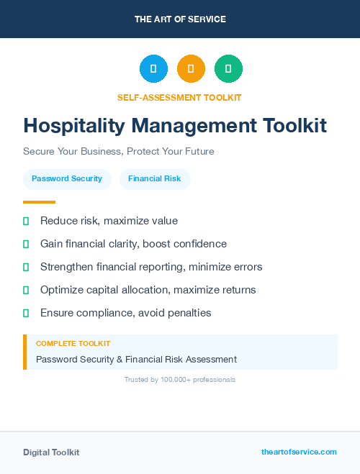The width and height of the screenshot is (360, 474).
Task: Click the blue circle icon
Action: pyautogui.click(x=153, y=69)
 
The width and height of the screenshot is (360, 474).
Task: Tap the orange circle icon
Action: pyautogui.click(x=191, y=69)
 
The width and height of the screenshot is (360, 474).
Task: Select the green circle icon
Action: pyautogui.click(x=228, y=69)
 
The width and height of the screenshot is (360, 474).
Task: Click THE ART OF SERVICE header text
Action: pyautogui.click(x=180, y=19)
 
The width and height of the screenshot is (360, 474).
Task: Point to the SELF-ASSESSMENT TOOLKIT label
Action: pyautogui.click(x=179, y=97)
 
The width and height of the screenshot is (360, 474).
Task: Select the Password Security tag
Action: pyautogui.click(x=67, y=178)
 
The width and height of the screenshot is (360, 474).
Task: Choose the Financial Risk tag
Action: pyautogui.click(x=155, y=178)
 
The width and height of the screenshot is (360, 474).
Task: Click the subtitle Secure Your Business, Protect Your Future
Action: pyautogui.click(x=119, y=152)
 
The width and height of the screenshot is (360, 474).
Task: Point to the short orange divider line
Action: pyautogui.click(x=39, y=202)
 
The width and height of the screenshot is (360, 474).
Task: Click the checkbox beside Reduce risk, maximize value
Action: pyautogui.click(x=26, y=221)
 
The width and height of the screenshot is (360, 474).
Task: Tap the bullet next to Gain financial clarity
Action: pyautogui.click(x=26, y=244)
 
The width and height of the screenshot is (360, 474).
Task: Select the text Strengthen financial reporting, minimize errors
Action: pyautogui.click(x=151, y=267)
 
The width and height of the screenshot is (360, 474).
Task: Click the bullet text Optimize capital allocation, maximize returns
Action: pyautogui.click(x=148, y=290)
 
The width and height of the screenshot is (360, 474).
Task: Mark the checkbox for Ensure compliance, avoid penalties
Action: pyautogui.click(x=26, y=313)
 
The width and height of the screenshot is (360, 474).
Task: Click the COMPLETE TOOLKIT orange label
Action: pyautogui.click(x=73, y=344)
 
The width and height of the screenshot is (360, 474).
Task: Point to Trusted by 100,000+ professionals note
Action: pyautogui.click(x=180, y=379)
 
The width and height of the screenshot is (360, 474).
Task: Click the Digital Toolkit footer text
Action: pyautogui.click(x=51, y=452)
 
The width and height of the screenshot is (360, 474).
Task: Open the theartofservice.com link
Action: pyautogui.click(x=299, y=452)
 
